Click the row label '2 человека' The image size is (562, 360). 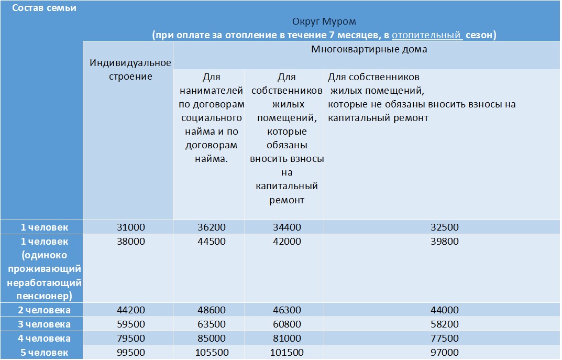[45, 310]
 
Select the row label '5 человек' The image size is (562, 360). [45, 352]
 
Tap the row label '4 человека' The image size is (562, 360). [45, 338]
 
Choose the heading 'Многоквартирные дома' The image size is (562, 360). [369, 50]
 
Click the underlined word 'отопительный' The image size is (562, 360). [427, 35]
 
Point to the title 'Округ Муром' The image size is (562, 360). [324, 22]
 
